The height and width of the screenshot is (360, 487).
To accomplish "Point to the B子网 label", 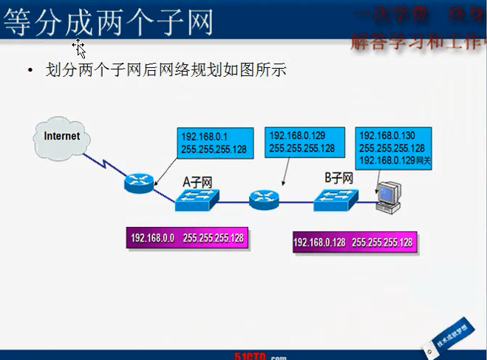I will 338,177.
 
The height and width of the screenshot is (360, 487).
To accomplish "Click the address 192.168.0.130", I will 387,136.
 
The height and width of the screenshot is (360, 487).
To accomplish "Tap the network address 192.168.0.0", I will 152,238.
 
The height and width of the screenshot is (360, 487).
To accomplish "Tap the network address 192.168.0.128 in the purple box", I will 319,242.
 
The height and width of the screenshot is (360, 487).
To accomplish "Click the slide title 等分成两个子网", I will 109,21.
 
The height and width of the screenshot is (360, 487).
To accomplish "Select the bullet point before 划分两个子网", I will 30,71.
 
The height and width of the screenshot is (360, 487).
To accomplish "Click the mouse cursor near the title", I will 80,50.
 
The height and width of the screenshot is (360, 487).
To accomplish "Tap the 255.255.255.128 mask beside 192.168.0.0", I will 213,238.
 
